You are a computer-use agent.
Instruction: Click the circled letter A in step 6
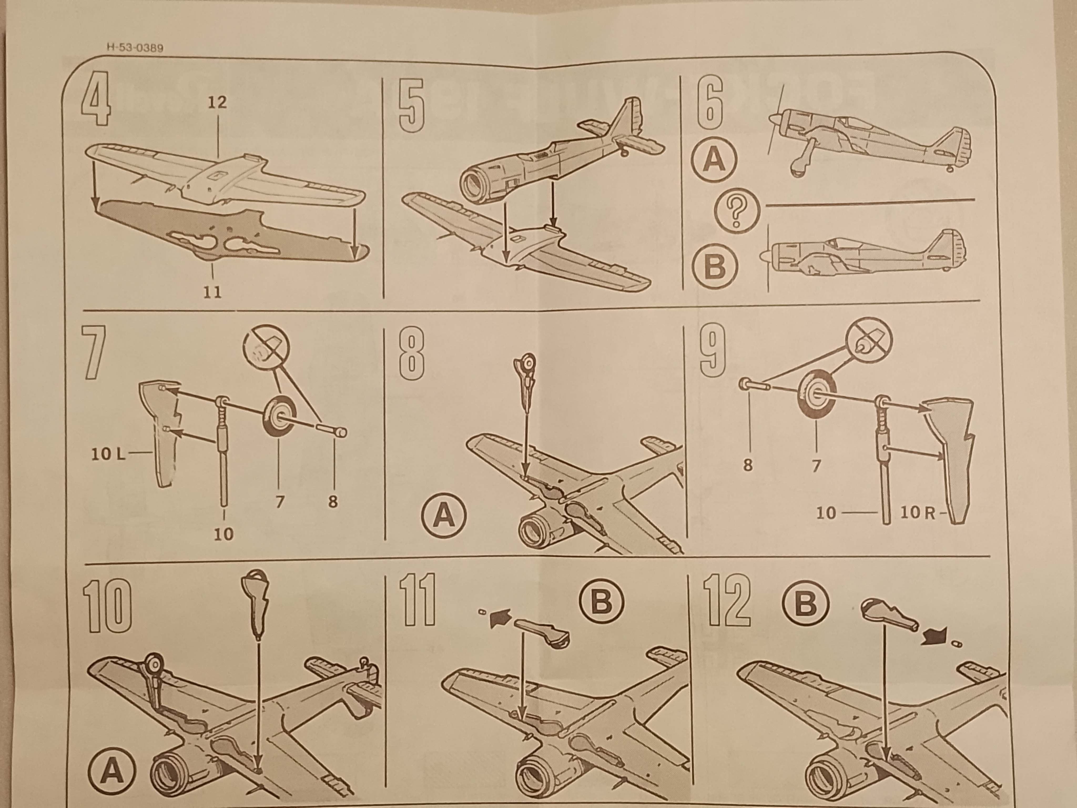pyautogui.click(x=714, y=160)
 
